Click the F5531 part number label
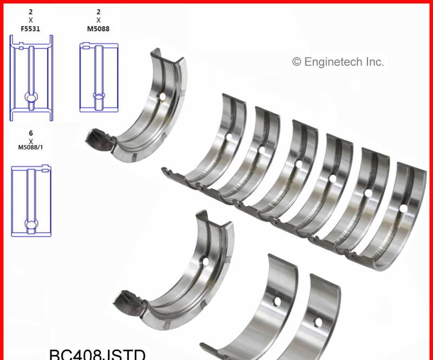coord(31,29)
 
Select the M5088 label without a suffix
coord(99,29)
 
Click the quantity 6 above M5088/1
coord(31,133)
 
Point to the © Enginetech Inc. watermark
coord(338,62)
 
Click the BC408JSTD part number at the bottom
coord(97,354)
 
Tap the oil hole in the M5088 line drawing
coord(99,96)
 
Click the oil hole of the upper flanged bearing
coord(161,97)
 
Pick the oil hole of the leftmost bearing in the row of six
coord(228,137)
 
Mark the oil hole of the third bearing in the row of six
coord(298,163)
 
